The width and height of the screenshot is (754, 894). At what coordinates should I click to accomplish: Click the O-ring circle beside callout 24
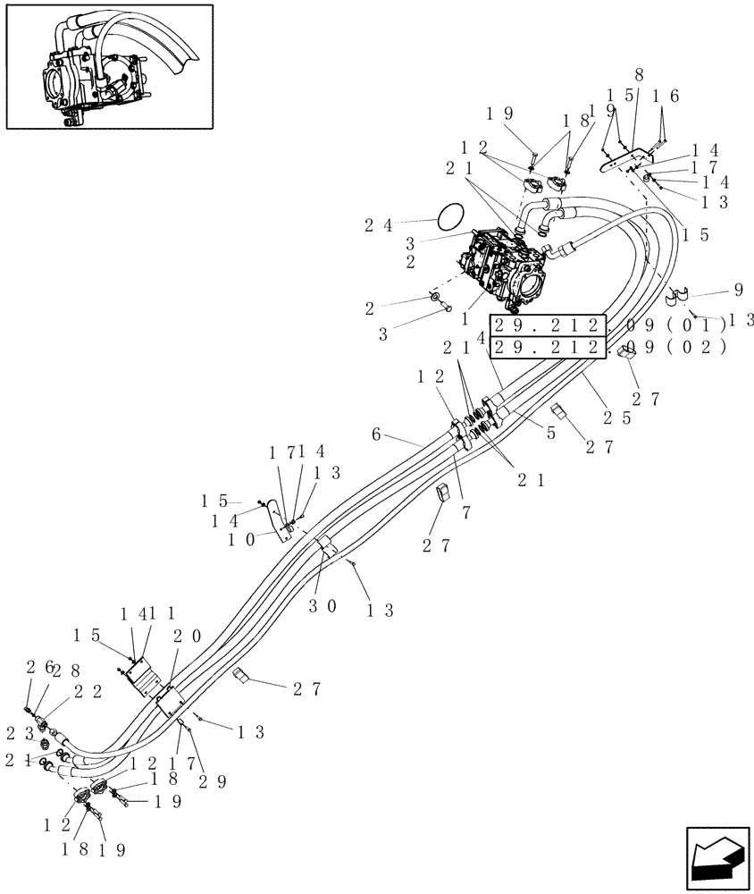[x=453, y=215]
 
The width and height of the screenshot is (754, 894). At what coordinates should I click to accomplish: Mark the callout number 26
[x=35, y=666]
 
